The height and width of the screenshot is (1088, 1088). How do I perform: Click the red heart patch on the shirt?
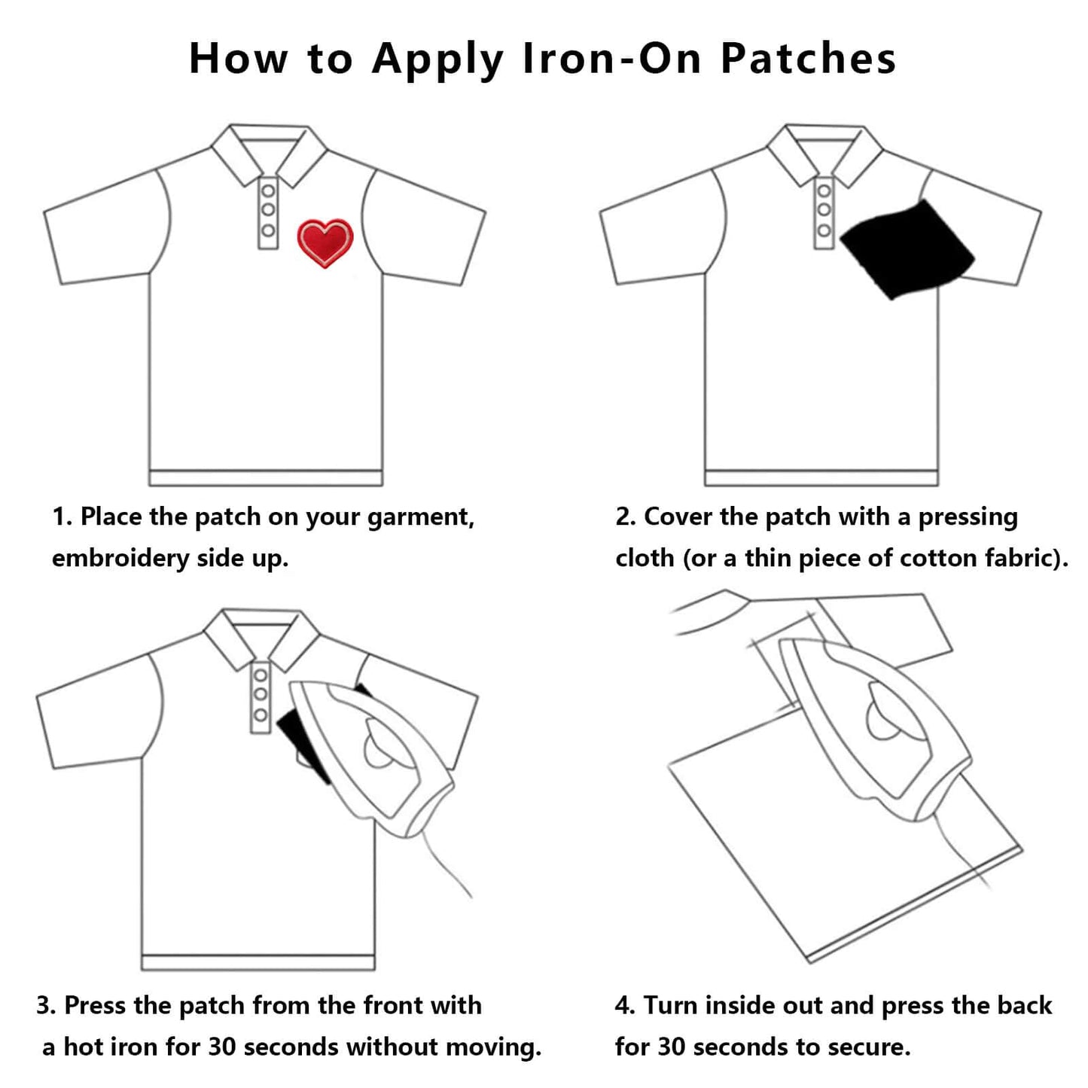coord(325,242)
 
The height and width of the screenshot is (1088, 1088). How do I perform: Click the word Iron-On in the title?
coord(613,58)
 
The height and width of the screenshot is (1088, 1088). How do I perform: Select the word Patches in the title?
coord(809,58)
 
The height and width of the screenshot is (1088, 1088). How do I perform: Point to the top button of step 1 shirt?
coord(268,190)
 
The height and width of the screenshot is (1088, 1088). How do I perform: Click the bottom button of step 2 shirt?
coord(824,230)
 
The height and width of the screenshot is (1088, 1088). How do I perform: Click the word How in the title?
coord(238,58)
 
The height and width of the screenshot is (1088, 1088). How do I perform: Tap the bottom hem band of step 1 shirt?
coord(265,478)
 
